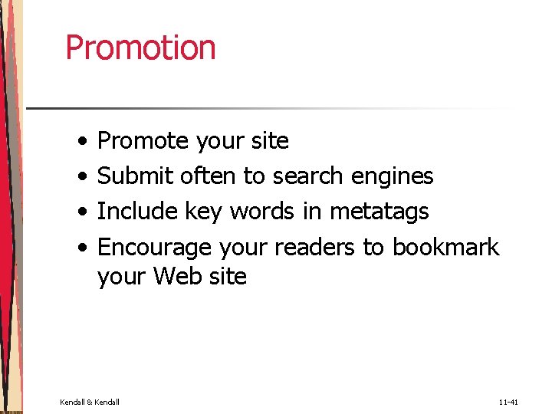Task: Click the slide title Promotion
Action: pyautogui.click(x=140, y=48)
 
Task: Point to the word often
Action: pyautogui.click(x=209, y=176)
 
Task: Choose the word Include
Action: pyautogui.click(x=136, y=211)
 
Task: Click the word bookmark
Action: pyautogui.click(x=445, y=248)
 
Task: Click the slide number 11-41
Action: pyautogui.click(x=508, y=402)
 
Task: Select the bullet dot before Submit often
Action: pyautogui.click(x=82, y=177)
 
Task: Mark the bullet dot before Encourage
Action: pyautogui.click(x=82, y=248)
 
